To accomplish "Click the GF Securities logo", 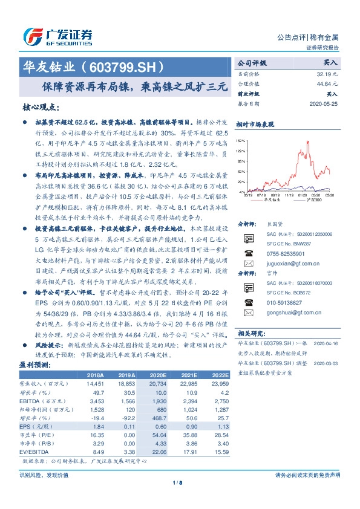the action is (x=58, y=34).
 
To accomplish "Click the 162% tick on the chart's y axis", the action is (x=241, y=140).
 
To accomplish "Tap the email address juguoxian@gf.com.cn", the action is (x=284, y=264).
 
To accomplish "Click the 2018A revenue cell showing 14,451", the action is (x=96, y=384).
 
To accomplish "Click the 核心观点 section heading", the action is (x=42, y=107).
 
